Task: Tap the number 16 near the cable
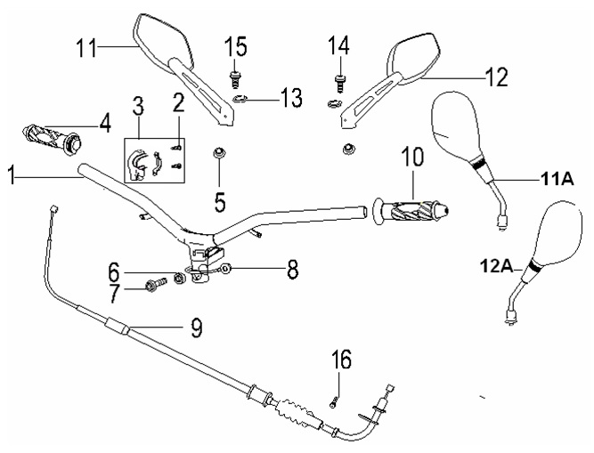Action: pos(341,360)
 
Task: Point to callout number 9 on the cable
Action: pos(192,328)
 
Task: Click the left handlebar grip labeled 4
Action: pos(53,138)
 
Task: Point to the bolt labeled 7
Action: pos(157,286)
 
